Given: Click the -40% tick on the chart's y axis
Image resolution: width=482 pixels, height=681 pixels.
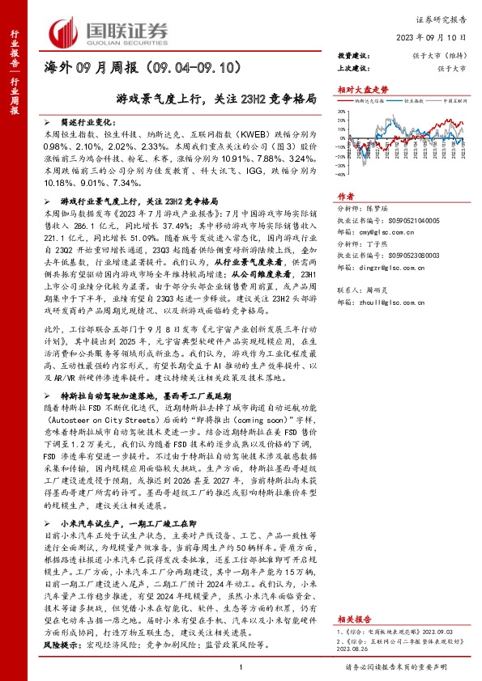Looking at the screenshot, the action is click(x=343, y=173).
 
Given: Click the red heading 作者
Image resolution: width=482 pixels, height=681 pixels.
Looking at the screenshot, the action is click(x=345, y=196).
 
